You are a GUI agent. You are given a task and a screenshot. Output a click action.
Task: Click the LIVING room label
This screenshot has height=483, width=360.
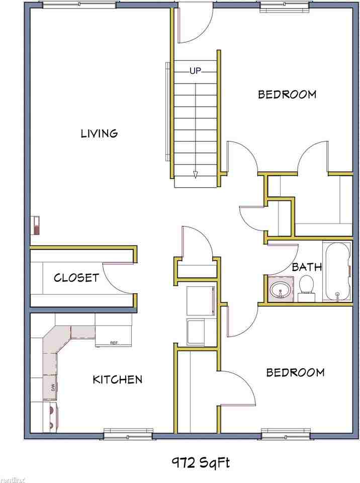coord(100,133)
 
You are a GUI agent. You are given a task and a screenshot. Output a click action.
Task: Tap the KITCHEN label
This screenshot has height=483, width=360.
coord(117,379)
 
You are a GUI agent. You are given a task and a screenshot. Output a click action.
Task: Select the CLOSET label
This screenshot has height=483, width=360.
coord(76,278)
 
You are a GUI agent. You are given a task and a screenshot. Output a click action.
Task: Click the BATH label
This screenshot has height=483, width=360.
coord(307,267)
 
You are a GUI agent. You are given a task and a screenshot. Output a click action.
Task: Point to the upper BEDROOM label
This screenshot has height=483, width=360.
coord(287,94)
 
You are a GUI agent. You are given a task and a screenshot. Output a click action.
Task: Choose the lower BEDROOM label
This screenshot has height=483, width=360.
coord(295,372)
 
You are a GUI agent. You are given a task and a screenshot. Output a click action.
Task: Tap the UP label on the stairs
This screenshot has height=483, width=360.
coord(195,71)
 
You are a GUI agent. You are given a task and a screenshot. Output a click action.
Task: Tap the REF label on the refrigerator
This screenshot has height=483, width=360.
coord(114,343)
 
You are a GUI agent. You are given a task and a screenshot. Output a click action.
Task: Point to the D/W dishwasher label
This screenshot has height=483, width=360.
coord(52,387)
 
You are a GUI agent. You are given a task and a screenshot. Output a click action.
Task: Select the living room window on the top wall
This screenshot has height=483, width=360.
coord(79,5)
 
